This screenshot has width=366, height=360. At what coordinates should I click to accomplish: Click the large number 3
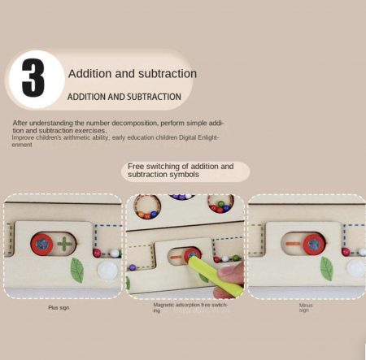[33, 78]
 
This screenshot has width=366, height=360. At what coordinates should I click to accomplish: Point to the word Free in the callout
[136, 166]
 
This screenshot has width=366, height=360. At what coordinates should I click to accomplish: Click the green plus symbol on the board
[64, 244]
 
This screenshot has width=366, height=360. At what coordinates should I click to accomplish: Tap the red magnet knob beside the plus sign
[42, 245]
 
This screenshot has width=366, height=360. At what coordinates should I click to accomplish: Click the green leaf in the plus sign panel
[77, 270]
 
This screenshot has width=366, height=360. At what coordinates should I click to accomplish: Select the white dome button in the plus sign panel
[107, 271]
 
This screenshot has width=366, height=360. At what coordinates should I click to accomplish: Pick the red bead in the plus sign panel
[97, 253]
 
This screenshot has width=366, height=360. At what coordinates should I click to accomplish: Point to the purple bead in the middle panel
[133, 267]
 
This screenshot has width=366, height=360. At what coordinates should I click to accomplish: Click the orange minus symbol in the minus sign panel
[293, 244]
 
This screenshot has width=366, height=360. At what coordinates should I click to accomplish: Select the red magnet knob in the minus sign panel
[314, 245]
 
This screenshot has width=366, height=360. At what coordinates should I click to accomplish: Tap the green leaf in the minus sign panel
[327, 268]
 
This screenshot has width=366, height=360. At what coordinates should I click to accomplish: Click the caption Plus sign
[59, 308]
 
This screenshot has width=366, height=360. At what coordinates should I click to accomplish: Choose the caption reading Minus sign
[306, 308]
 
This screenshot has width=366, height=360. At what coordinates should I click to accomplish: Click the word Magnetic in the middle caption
[163, 305]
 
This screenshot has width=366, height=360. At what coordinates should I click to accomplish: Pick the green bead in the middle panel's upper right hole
[221, 204]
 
